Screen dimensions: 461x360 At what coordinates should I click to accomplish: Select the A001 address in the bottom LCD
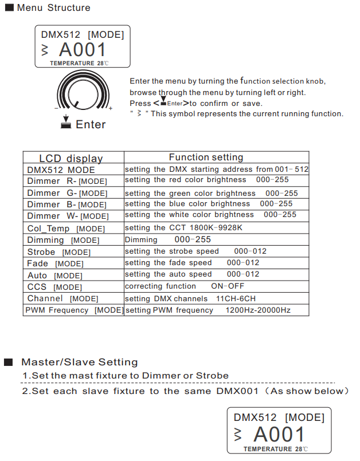pos(279,434)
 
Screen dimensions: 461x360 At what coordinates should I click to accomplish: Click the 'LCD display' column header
pos(71,158)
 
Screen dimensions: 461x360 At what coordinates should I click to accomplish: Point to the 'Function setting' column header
pos(206,157)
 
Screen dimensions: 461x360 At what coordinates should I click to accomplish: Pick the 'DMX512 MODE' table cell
pos(61,170)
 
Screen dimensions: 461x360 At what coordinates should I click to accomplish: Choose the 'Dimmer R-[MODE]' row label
pos(67,181)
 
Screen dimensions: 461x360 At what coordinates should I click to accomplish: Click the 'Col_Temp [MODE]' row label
pos(66,228)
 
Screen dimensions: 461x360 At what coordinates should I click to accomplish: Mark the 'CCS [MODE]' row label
pos(54,287)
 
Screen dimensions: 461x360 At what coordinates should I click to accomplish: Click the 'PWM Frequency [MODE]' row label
pos(74,310)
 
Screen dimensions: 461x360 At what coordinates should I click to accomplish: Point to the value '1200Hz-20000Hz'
pos(258,310)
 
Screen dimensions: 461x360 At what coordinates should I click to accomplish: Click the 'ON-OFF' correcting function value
pos(228,286)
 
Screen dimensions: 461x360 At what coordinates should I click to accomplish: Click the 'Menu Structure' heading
pos(53,8)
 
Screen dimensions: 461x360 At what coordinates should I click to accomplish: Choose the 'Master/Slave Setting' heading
pos(80,362)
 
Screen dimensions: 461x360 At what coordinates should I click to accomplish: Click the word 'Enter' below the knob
pos(91,124)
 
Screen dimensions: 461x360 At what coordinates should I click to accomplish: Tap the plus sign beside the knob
pos(111,108)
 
